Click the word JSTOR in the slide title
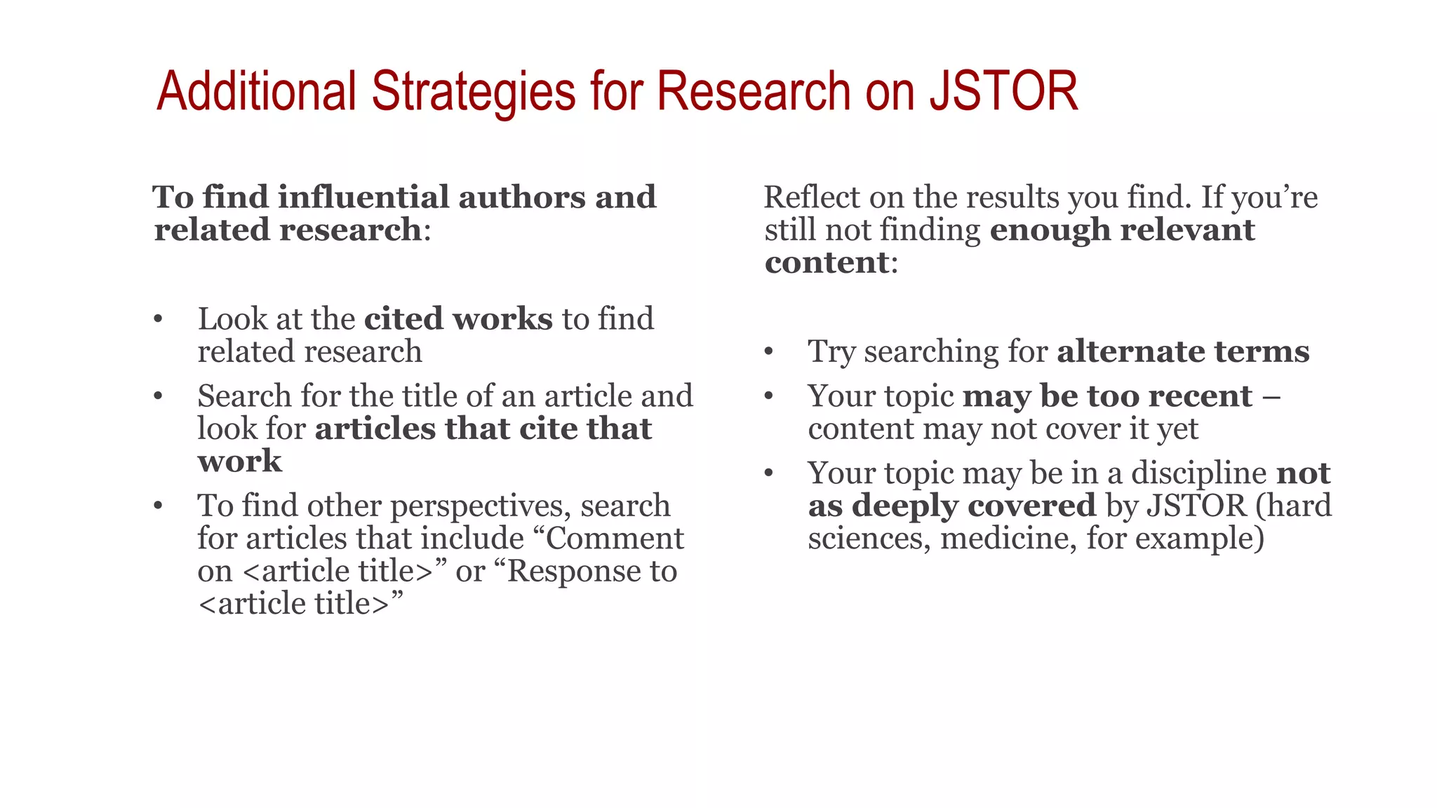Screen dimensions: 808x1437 tap(1003, 91)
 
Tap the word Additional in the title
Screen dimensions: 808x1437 tap(257, 91)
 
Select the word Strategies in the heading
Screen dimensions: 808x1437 tap(474, 93)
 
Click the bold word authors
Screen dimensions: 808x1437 tap(522, 197)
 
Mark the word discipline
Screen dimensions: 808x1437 tap(1198, 473)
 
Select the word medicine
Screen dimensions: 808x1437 tap(1008, 539)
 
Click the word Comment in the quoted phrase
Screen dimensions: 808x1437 tap(614, 539)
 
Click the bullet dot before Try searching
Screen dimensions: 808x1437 tap(769, 351)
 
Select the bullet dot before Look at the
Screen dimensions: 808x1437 tap(159, 319)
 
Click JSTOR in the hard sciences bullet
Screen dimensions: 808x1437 tap(1196, 506)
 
